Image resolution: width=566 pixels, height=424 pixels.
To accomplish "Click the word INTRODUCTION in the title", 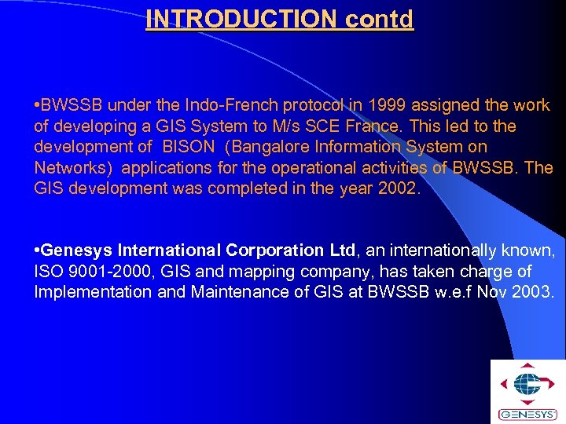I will (241, 19).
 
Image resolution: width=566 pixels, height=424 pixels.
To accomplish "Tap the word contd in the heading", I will (379, 19).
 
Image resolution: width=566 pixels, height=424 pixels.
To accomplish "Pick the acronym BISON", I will (187, 147).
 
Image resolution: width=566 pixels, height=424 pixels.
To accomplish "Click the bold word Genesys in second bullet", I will (75, 250).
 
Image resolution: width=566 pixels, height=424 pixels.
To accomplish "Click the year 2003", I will (535, 292).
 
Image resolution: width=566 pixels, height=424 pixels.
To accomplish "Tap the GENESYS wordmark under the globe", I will (527, 414).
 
